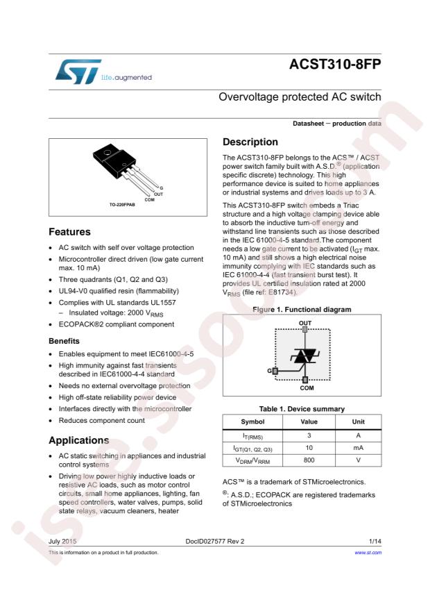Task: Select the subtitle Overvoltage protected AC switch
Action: click(300, 97)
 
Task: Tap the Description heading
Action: click(250, 142)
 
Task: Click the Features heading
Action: click(69, 232)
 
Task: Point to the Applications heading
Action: click(79, 440)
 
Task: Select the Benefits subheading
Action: click(64, 341)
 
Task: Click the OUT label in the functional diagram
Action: click(305, 324)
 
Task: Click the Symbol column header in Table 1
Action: click(252, 422)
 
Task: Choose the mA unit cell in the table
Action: click(357, 449)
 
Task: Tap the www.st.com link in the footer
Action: click(368, 553)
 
